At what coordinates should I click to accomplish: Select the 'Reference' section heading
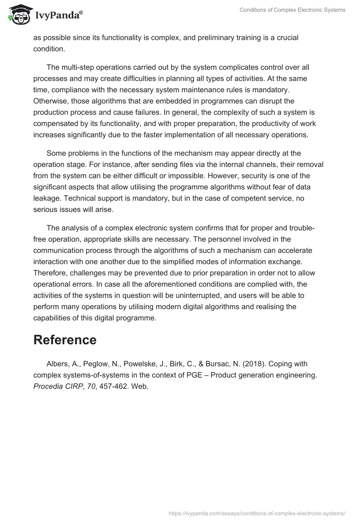(x=65, y=340)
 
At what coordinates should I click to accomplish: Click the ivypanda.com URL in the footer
(x=257, y=513)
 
